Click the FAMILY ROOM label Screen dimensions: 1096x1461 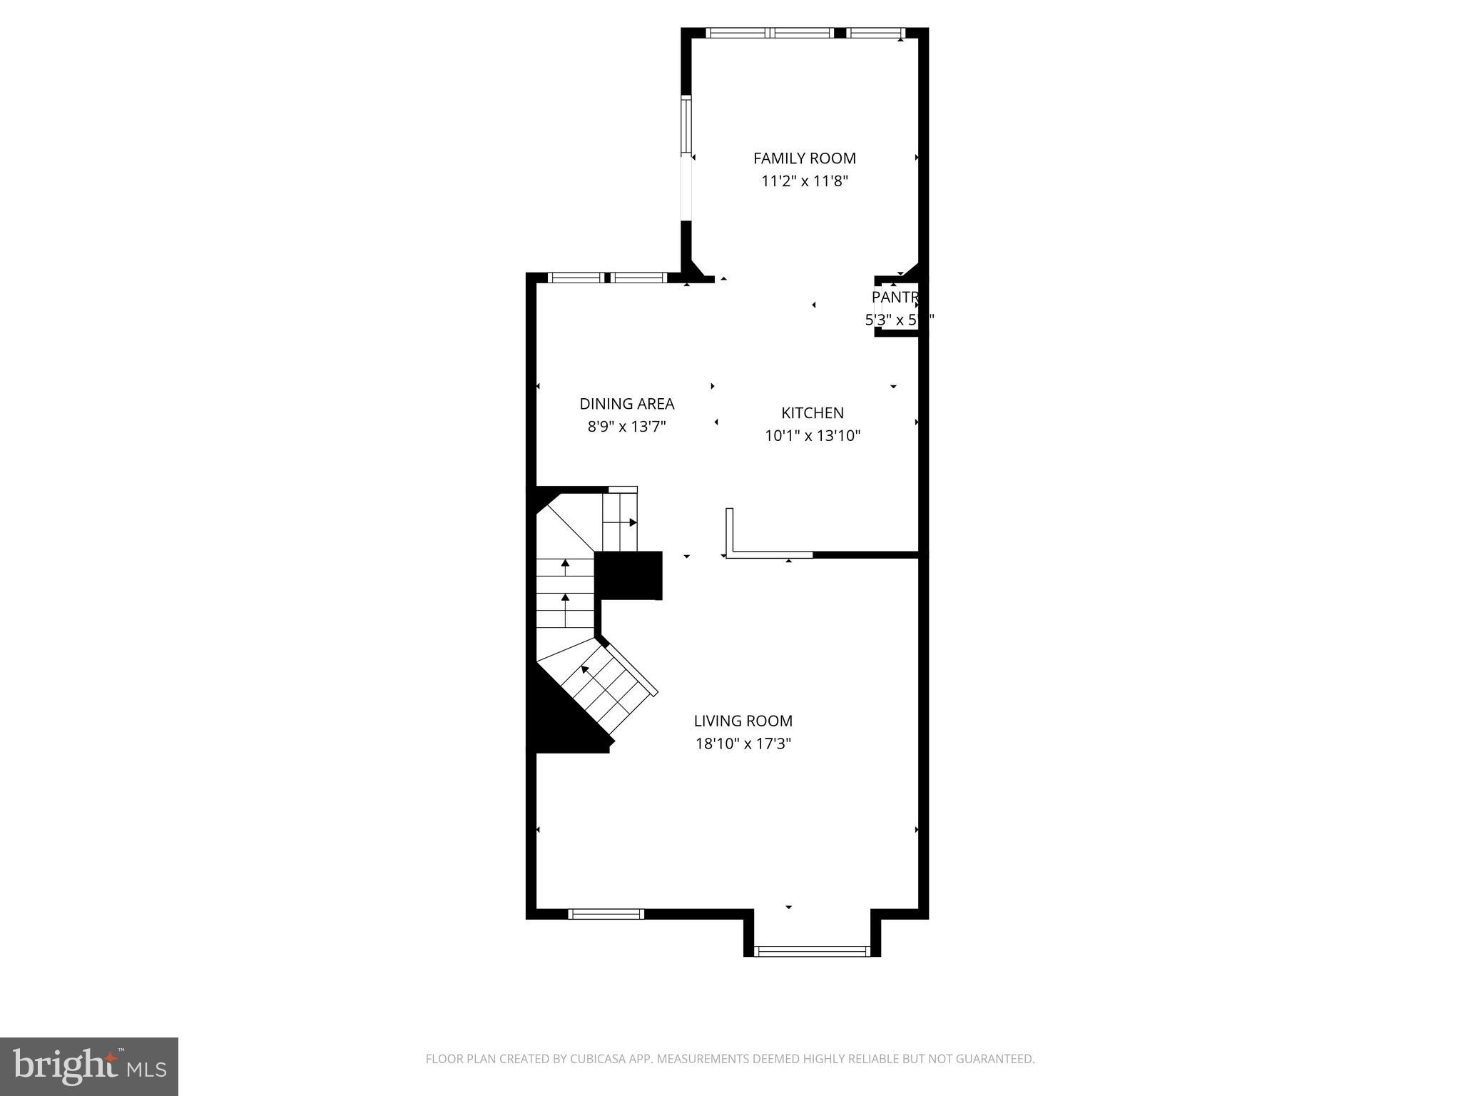[x=804, y=158]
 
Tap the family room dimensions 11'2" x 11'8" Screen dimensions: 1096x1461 [x=804, y=181]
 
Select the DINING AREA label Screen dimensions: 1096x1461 [x=626, y=404]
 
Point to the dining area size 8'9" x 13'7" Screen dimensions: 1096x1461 [x=626, y=427]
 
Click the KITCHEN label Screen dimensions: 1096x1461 [x=812, y=413]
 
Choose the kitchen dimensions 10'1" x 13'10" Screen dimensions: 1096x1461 [x=813, y=436]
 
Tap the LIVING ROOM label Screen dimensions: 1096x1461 [x=743, y=721]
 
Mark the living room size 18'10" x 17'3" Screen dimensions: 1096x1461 [x=743, y=744]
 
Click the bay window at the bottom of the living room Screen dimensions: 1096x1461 [x=812, y=950]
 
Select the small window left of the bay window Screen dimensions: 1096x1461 [x=606, y=913]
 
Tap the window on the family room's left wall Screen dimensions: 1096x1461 [x=686, y=126]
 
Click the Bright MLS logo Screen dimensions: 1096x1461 [x=89, y=1067]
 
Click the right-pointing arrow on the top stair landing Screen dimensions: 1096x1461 [x=632, y=522]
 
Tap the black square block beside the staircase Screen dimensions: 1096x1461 [x=628, y=575]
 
